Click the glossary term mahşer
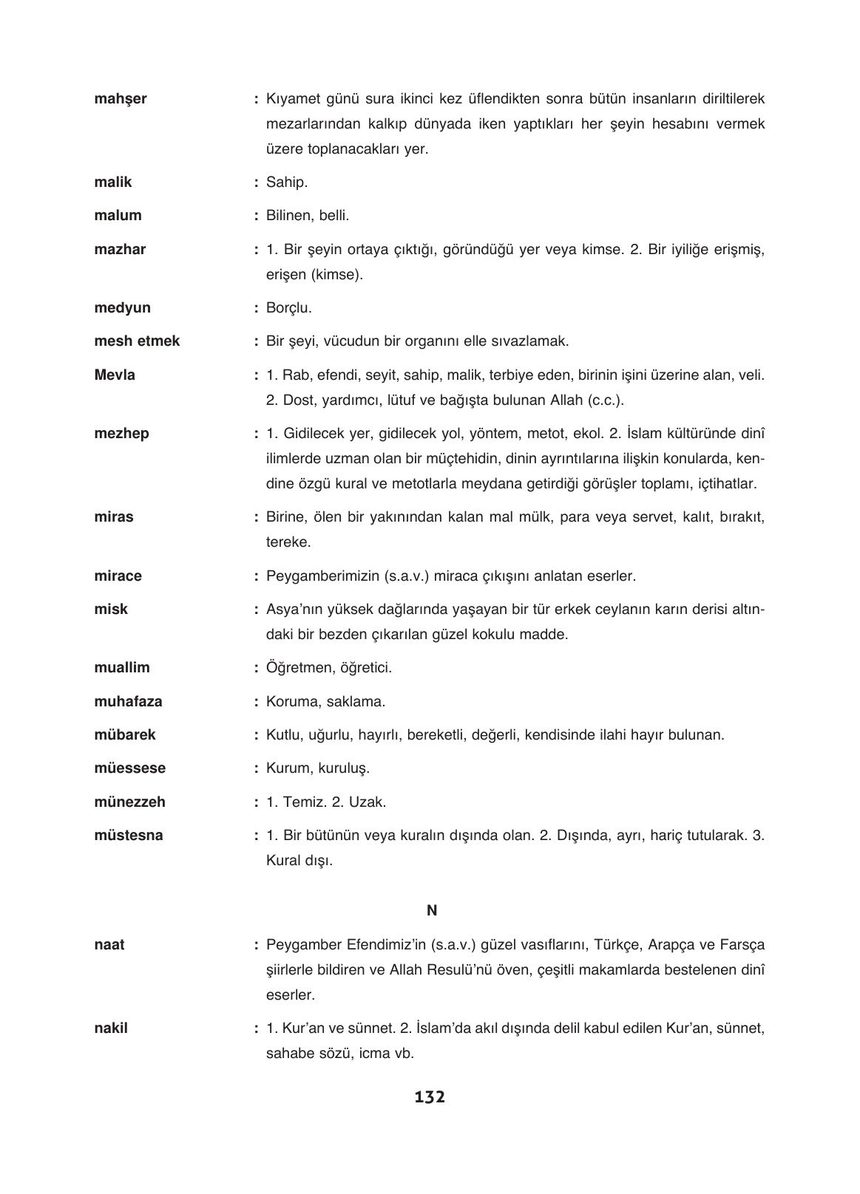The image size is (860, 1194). [x=121, y=99]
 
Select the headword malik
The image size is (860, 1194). [x=113, y=182]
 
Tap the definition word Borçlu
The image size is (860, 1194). [x=288, y=308]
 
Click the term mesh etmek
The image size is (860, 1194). [x=137, y=341]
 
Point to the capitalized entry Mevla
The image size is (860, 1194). [x=115, y=375]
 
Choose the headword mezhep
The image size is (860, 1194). [x=121, y=434]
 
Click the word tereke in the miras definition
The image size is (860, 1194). [x=288, y=542]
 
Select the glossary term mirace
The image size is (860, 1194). [x=118, y=576]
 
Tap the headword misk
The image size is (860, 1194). [x=111, y=610]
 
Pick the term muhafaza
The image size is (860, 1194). [x=128, y=702]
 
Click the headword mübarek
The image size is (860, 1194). [x=125, y=735]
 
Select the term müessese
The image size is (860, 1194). [x=129, y=768]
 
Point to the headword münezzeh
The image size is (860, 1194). [x=129, y=802]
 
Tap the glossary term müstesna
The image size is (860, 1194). [x=129, y=836]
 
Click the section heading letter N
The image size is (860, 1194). [x=432, y=911]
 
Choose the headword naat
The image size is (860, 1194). [x=109, y=945]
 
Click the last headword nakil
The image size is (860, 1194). [x=111, y=1028]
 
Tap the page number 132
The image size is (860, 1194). [x=430, y=1097]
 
